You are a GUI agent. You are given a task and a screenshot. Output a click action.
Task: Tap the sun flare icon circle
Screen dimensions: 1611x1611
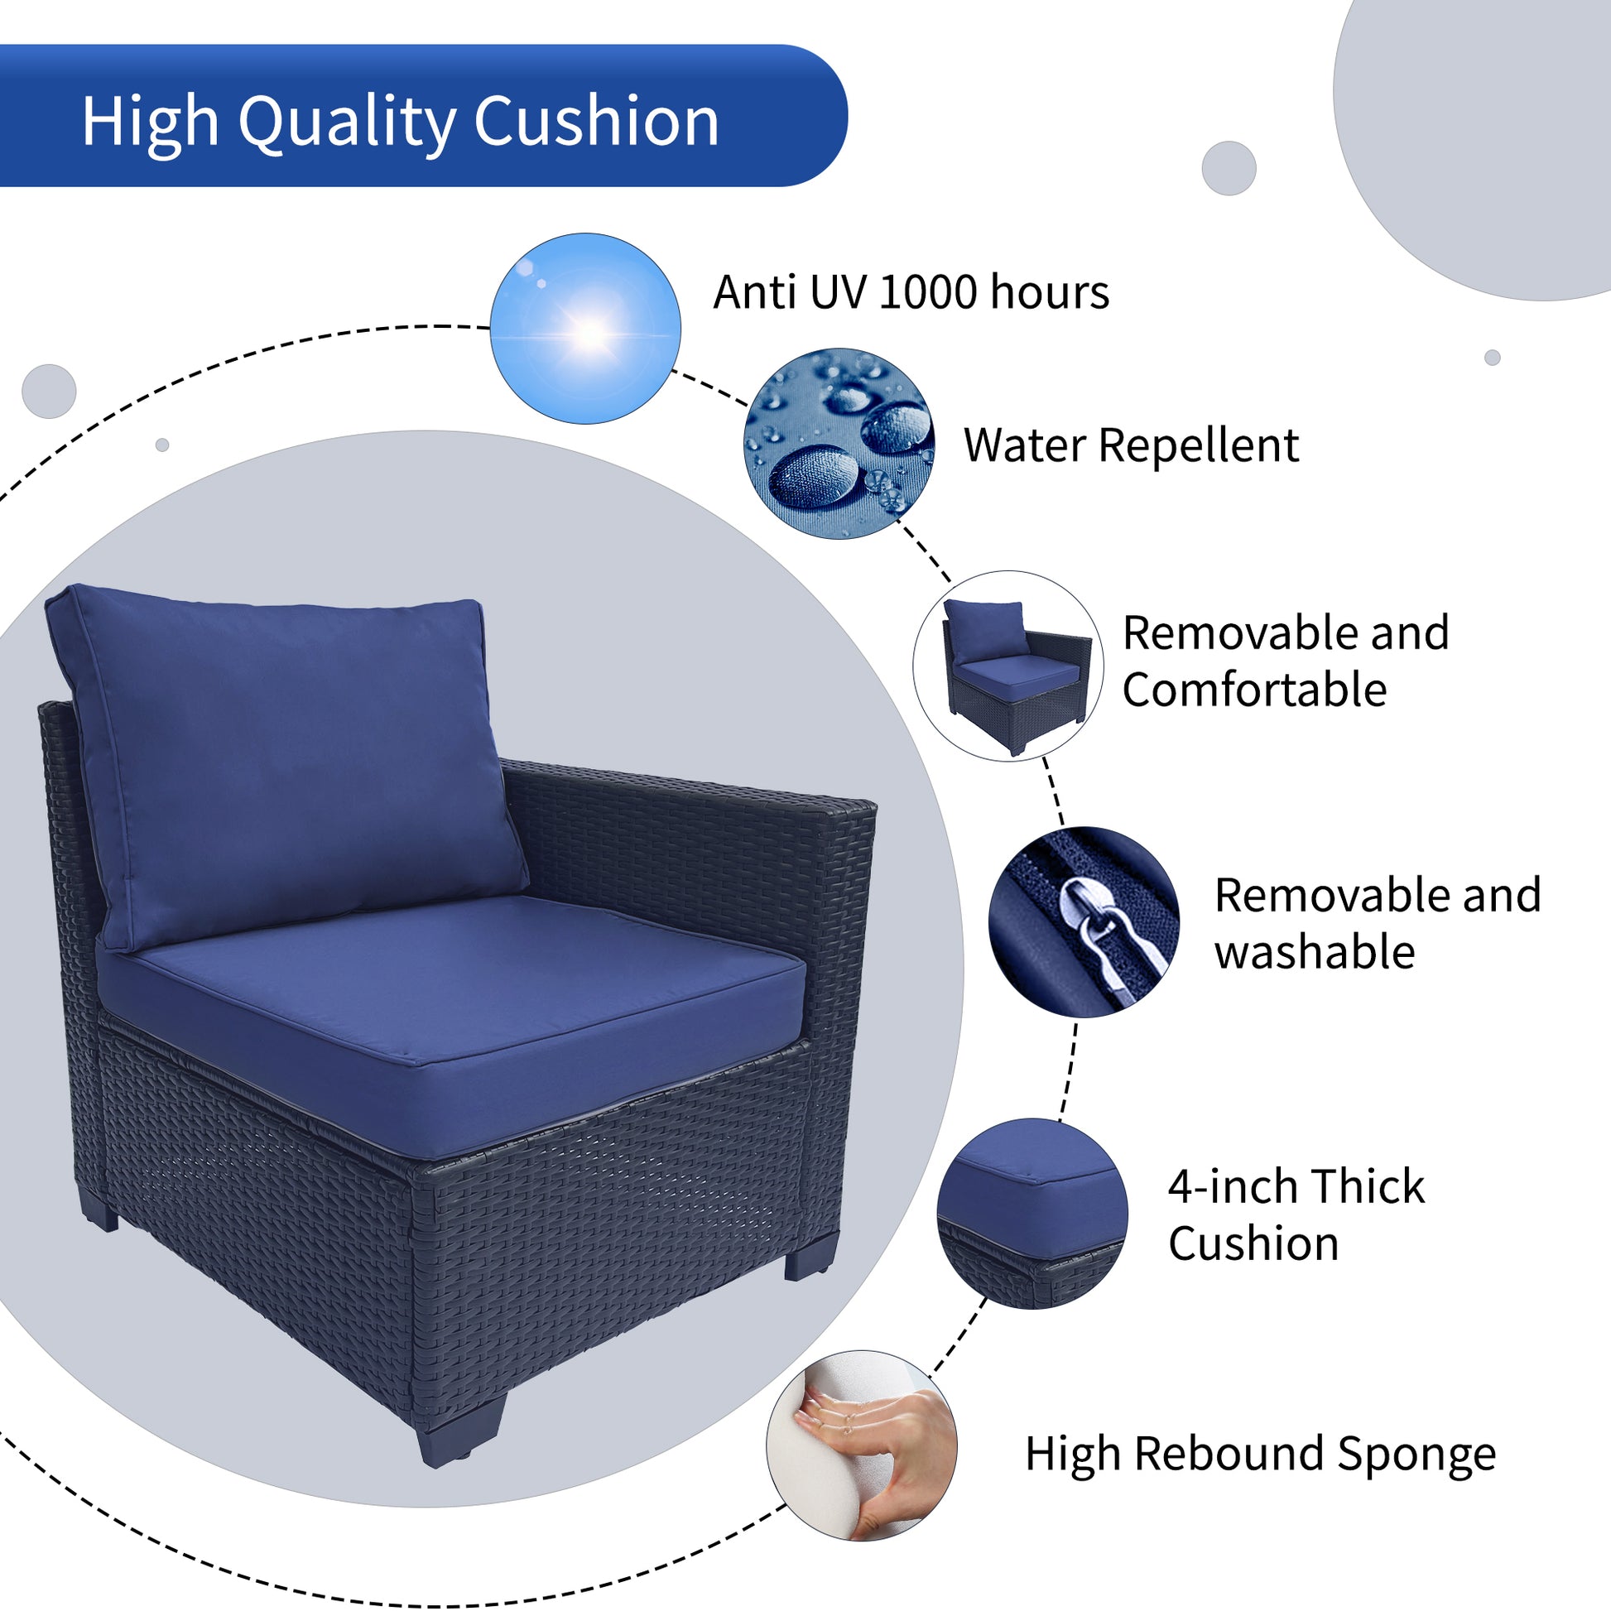point(585,329)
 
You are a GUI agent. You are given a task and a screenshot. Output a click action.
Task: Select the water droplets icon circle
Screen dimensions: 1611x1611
point(839,444)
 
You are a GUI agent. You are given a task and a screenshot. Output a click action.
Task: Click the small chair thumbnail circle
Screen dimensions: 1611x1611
point(1008,666)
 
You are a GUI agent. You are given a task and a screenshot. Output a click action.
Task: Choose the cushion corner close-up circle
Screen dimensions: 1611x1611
point(1032,1214)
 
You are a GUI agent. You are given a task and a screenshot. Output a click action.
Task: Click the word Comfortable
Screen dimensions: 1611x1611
point(1254,690)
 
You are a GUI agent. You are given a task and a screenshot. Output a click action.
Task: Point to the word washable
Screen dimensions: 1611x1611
point(1315,952)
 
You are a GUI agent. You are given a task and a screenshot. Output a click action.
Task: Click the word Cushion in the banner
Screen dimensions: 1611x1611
point(596,122)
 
